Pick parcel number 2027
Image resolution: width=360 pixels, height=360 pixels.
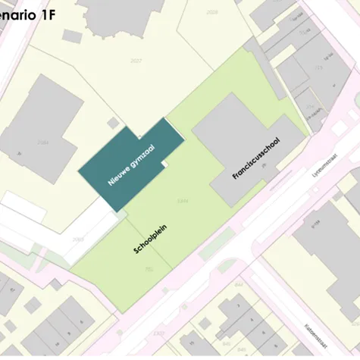tap(136, 60)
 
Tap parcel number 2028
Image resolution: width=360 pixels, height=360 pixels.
tap(212, 11)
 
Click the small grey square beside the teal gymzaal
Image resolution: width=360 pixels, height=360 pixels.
tap(113, 122)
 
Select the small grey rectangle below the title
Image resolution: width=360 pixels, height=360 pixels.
tap(72, 36)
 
